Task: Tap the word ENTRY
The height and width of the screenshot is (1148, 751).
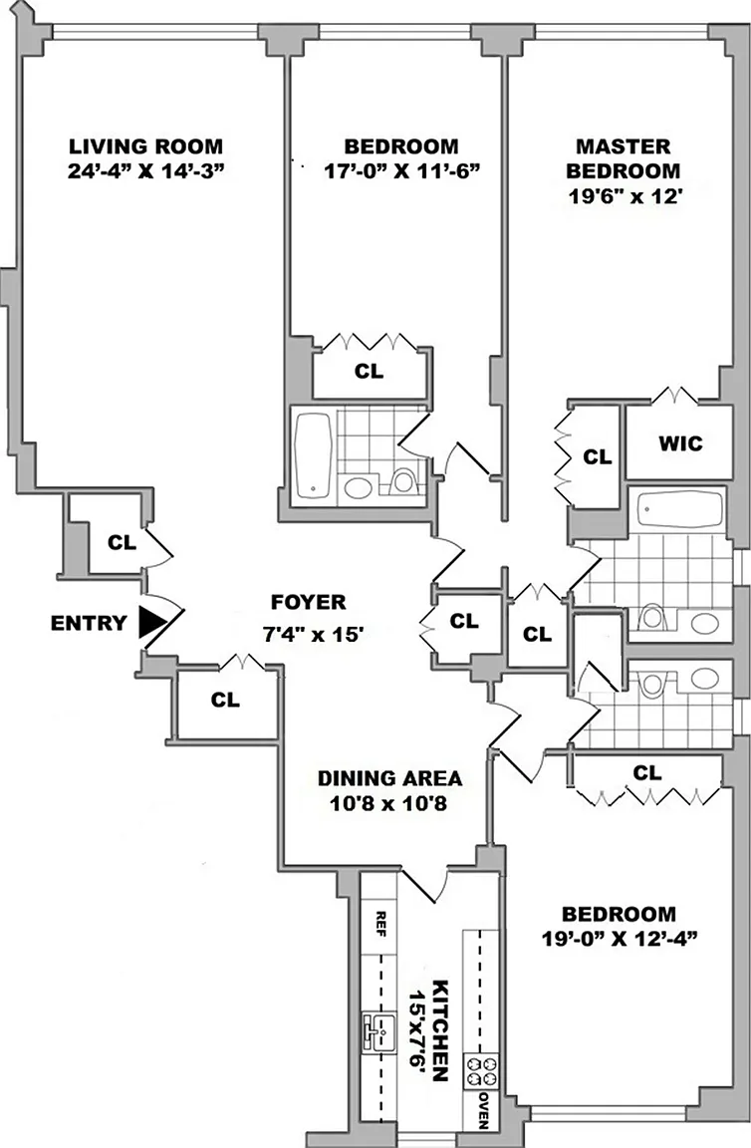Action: (89, 625)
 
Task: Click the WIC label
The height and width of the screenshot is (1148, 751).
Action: (680, 443)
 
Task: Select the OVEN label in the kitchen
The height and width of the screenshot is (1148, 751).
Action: (482, 1108)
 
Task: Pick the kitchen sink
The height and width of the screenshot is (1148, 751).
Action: (376, 1029)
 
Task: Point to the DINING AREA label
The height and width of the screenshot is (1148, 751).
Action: (381, 778)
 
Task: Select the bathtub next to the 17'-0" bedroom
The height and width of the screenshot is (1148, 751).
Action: (314, 453)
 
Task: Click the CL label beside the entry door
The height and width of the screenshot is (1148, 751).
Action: (122, 543)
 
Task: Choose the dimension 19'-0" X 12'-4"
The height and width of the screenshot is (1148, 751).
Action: (618, 938)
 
